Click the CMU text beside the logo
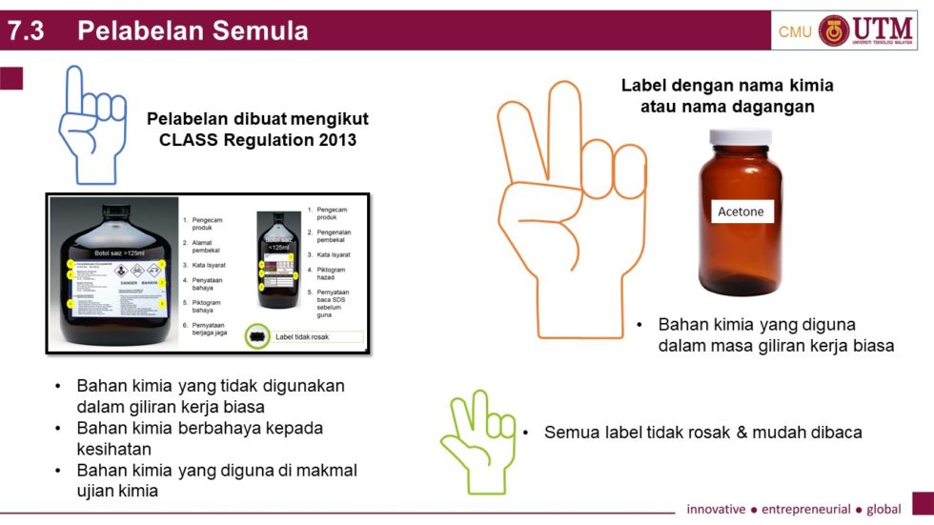click(x=795, y=31)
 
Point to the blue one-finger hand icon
click(x=92, y=124)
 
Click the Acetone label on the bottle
click(x=741, y=212)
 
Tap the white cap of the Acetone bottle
click(x=741, y=136)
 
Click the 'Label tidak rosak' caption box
click(x=318, y=336)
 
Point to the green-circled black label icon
click(x=256, y=336)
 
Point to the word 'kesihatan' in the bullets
click(x=114, y=448)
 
